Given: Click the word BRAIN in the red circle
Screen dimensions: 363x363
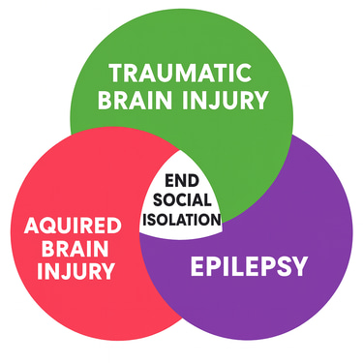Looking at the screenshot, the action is [74, 249].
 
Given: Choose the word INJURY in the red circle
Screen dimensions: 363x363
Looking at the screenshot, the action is [74, 273].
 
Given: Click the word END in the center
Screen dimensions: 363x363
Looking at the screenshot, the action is [182, 181].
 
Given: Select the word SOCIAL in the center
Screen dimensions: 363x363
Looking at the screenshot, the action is [182, 199].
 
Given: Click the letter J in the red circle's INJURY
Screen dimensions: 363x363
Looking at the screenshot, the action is [69, 273].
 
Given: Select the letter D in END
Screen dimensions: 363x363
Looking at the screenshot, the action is [195, 181].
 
